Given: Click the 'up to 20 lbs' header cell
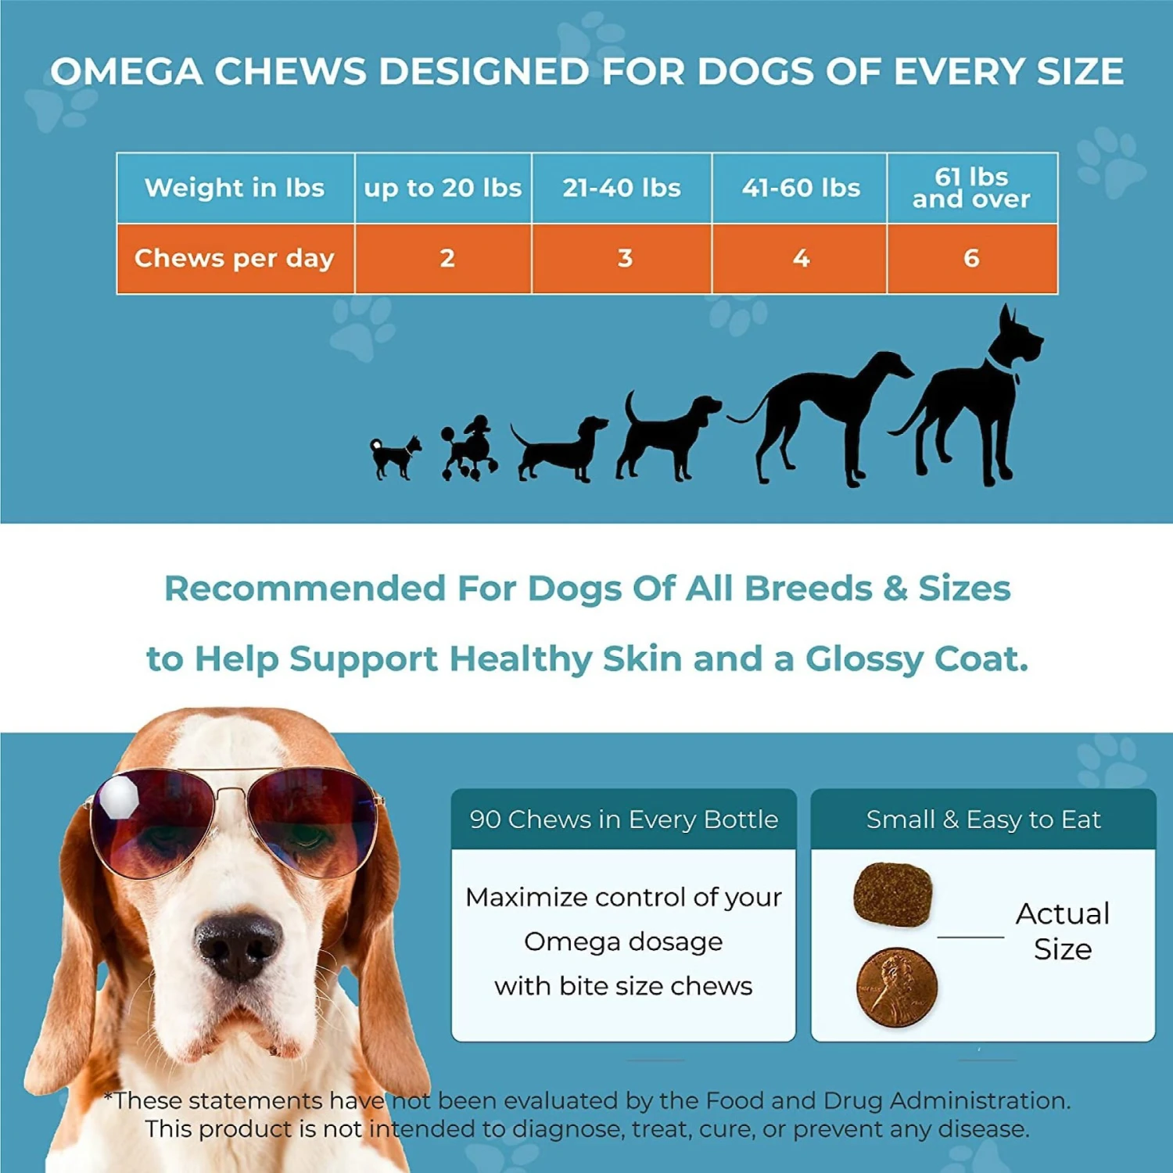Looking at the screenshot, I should coord(443,188).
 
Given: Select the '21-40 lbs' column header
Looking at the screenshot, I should coord(622,188).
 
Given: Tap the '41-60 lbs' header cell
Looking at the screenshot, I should coord(801,188).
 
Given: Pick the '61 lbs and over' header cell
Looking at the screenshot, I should coord(971,188).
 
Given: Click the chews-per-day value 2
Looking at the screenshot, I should coord(447,258).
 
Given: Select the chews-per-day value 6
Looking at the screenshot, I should coord(971,258).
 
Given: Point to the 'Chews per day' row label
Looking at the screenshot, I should coord(235,258).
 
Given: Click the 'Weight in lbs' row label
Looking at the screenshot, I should coord(235,188).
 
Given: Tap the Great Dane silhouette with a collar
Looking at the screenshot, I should coord(970,399).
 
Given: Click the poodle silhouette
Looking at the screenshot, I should coord(469,450).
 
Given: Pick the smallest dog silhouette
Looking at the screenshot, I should coord(395,456).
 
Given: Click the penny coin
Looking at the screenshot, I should coord(897,987).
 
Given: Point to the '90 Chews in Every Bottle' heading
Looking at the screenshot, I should coord(623,819).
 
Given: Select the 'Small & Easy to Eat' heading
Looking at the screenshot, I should coord(983,819).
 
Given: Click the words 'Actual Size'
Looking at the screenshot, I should coord(1063,931).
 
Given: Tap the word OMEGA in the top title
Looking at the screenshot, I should coord(127,72).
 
